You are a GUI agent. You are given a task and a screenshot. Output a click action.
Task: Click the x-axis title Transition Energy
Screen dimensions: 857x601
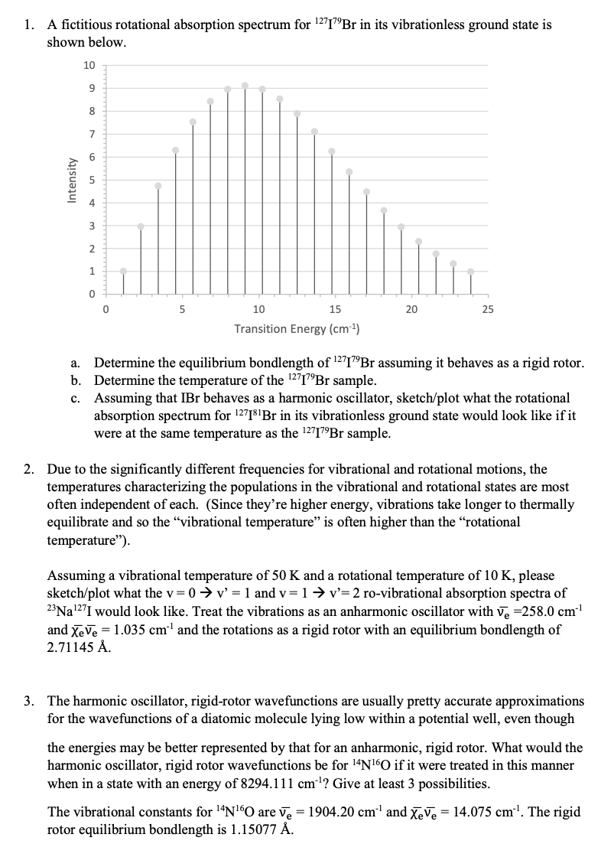coord(297,329)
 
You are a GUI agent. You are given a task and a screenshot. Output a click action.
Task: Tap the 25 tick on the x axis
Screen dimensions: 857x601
coord(488,310)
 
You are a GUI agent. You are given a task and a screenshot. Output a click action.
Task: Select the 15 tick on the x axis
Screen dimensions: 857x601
coord(335,310)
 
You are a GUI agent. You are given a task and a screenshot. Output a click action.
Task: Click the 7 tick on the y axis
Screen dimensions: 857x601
coord(91,135)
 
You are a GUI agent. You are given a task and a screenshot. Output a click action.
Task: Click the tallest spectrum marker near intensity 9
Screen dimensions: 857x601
coord(245,85)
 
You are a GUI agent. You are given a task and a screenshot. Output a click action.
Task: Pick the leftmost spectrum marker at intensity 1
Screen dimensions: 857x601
coord(123,271)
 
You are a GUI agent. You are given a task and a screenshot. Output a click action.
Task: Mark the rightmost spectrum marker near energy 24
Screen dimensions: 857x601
coord(470,271)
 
